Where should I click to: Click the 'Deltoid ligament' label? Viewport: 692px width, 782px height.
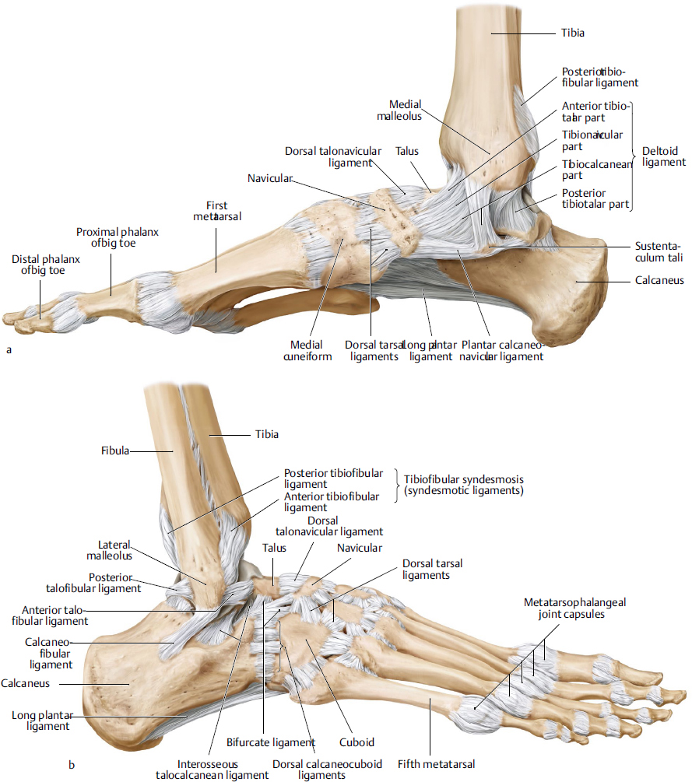point(663,156)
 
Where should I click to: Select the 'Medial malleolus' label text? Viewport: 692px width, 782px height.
point(405,110)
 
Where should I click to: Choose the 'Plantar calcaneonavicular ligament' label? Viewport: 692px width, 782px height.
point(502,350)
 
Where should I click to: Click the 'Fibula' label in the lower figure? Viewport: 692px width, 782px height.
point(114,450)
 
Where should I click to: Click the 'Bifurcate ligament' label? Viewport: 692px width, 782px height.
point(270,742)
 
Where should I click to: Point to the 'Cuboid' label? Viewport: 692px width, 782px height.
point(357,742)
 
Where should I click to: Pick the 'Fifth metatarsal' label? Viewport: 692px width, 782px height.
point(435,763)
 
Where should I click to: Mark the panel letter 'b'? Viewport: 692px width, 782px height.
point(71,765)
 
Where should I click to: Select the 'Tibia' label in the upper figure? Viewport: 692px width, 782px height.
point(572,33)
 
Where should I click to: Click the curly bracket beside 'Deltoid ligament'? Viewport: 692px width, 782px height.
point(633,156)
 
